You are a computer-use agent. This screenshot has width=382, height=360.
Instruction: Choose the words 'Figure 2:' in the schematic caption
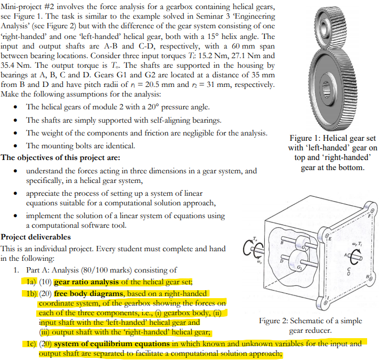point(277,321)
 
